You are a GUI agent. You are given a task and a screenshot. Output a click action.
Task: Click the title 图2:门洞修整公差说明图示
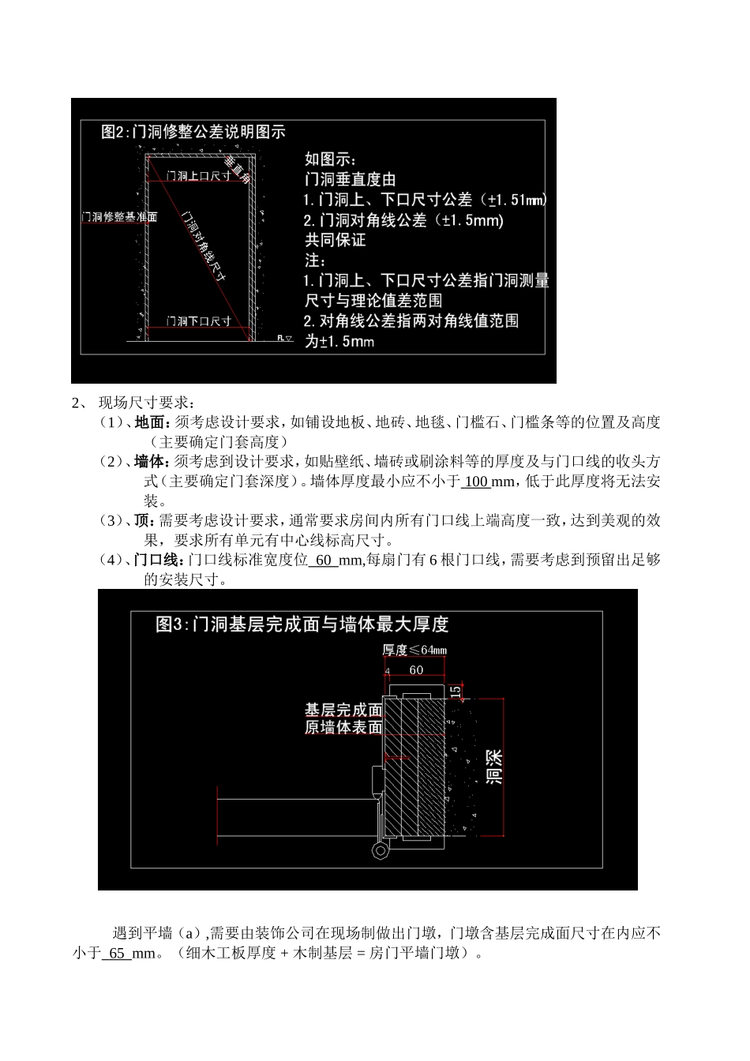193,132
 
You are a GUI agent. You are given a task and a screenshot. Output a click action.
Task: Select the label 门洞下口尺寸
198,321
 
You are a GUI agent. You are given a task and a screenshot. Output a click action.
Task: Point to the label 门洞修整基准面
119,216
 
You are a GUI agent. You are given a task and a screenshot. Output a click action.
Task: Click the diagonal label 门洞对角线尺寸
204,246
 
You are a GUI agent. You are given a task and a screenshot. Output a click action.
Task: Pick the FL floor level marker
284,338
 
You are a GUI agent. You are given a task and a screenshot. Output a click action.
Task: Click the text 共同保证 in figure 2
336,240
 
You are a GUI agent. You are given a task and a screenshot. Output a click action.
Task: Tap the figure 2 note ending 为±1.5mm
339,341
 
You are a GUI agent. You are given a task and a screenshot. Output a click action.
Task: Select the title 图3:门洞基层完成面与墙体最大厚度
302,624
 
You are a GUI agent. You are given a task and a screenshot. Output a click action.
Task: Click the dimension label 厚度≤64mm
414,650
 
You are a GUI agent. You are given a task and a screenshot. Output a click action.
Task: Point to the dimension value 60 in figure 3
416,670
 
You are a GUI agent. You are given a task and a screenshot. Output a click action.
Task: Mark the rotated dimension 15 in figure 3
456,691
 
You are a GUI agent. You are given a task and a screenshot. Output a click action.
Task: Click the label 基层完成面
343,710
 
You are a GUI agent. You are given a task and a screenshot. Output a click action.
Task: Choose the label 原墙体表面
343,728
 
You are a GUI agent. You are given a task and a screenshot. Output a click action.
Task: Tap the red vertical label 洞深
494,766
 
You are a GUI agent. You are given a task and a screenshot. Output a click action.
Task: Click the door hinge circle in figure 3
381,850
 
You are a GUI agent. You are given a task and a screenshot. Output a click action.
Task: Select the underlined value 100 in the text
476,482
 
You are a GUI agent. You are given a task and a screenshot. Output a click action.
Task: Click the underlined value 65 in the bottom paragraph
117,954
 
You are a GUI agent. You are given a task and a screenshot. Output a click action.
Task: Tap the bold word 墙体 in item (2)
147,461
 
